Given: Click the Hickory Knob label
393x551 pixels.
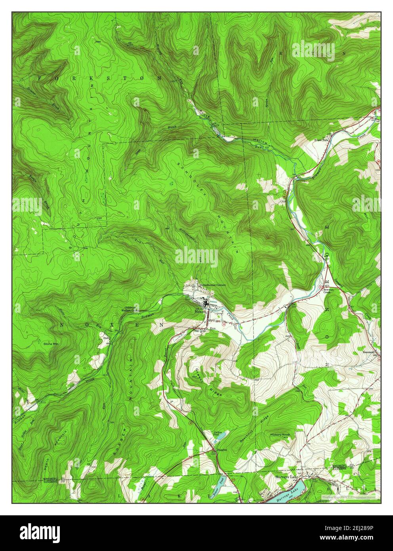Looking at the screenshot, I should [x=281, y=435].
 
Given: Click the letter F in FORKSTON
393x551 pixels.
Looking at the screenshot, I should [x=40, y=78].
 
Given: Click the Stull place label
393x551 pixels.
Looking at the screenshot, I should [x=106, y=338].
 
